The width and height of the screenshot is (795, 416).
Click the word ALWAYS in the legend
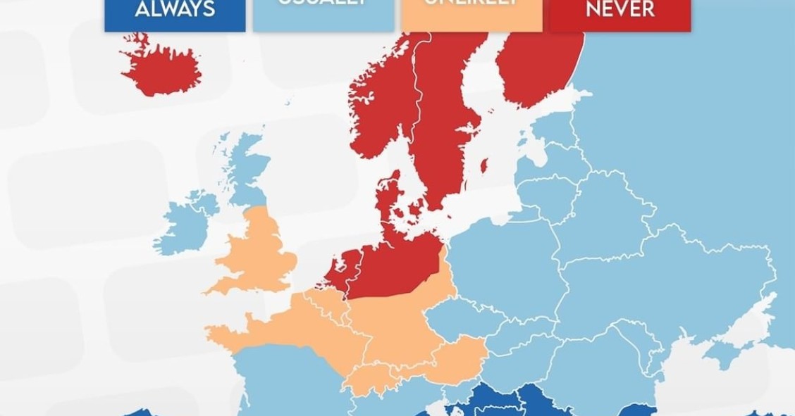[175, 10]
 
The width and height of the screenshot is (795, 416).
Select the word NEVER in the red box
[620, 10]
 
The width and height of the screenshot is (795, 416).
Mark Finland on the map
[539, 63]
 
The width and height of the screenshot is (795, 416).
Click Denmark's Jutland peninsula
[387, 201]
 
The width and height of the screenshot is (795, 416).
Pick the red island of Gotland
[484, 166]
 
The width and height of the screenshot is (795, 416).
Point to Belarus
[599, 225]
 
